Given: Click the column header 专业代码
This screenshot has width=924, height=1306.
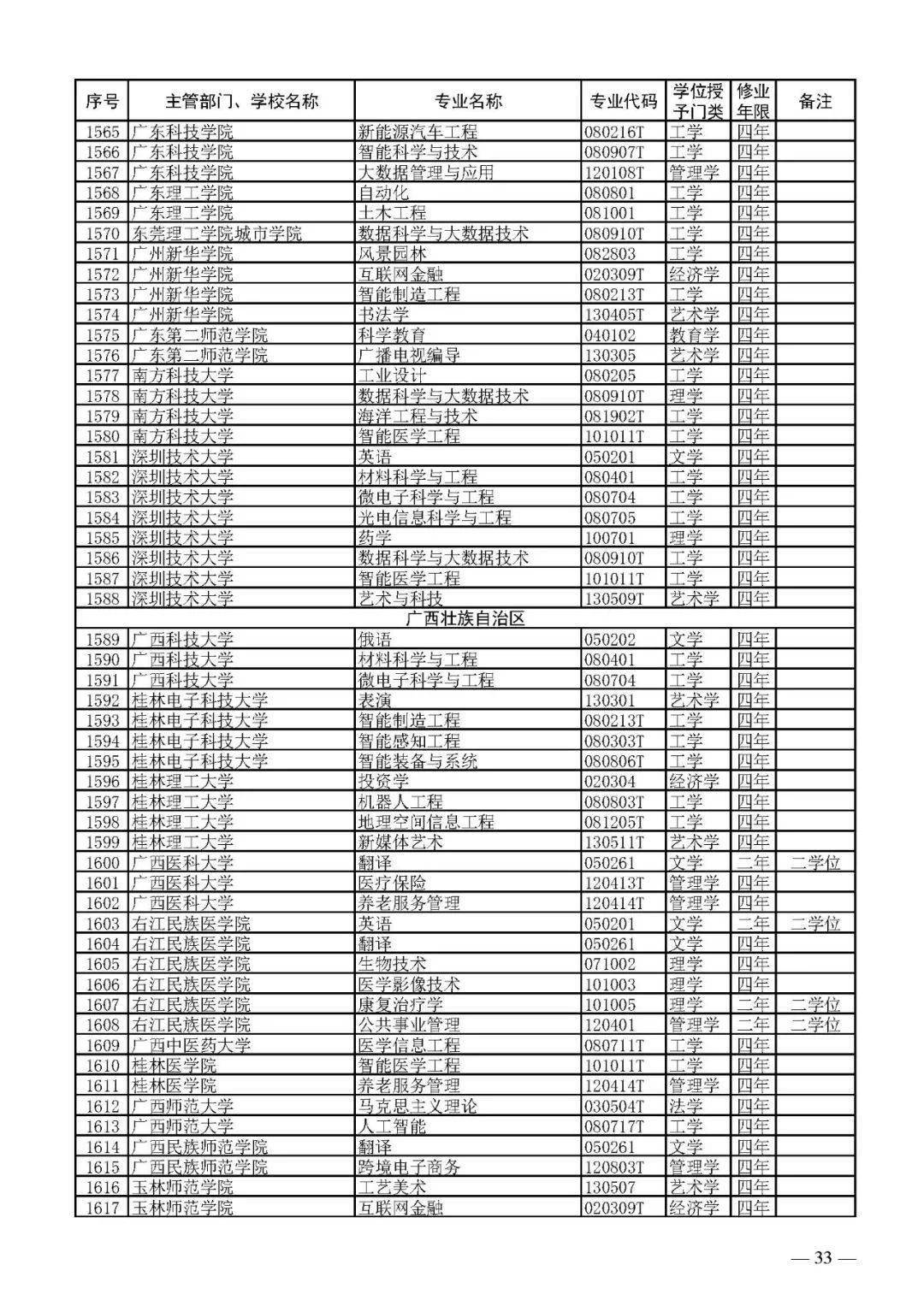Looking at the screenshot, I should point(623,101).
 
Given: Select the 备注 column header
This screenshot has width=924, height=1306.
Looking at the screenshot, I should point(814,101).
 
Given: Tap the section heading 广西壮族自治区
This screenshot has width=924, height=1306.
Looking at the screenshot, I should point(465,618).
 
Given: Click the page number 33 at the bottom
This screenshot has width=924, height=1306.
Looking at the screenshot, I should point(822,1257).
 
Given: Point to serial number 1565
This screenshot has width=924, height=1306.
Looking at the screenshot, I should point(103,132).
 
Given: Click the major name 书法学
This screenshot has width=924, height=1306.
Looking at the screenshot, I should point(383,315).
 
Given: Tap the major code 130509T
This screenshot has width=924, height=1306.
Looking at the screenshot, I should point(614,599).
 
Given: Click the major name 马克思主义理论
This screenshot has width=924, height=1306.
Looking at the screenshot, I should point(418,1106).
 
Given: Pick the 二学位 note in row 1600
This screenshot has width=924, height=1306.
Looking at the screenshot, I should point(814,862).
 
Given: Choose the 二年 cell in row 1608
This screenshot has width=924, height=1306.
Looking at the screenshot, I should point(753,1025).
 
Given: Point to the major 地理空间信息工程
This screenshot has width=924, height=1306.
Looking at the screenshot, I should point(426,822).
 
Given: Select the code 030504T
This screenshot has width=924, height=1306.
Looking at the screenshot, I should point(614,1106).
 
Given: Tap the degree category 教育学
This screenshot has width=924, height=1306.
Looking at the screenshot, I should point(694,335).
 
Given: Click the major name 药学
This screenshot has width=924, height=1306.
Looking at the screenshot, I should point(375,538).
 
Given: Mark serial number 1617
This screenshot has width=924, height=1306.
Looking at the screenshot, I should point(103,1208).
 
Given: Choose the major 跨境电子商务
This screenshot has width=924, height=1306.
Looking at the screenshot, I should point(409,1167).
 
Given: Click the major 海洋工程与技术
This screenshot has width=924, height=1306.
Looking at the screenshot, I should point(418,417).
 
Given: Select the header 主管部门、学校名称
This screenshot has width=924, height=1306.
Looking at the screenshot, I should point(241,101).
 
